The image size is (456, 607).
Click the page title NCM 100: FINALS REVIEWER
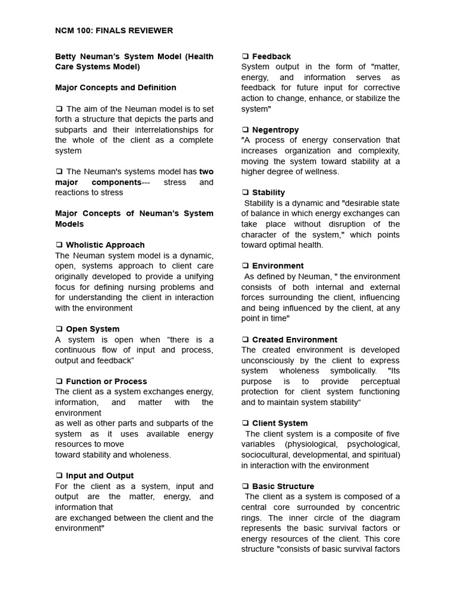[x=114, y=30]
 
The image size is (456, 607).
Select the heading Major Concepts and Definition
[x=116, y=88]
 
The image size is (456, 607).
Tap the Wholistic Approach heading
[x=105, y=245]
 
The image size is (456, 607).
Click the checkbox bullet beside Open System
[x=59, y=329]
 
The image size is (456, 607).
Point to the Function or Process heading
[x=106, y=381]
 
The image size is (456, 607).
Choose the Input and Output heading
[x=100, y=475]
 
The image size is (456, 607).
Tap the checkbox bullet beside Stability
[x=245, y=193]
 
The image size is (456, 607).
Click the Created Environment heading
[x=294, y=340]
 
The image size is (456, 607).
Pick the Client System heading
[x=280, y=423]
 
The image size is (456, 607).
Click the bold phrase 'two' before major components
[x=207, y=172]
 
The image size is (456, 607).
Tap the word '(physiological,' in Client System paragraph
[x=313, y=445]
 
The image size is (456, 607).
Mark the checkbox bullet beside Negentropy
[x=245, y=130]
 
